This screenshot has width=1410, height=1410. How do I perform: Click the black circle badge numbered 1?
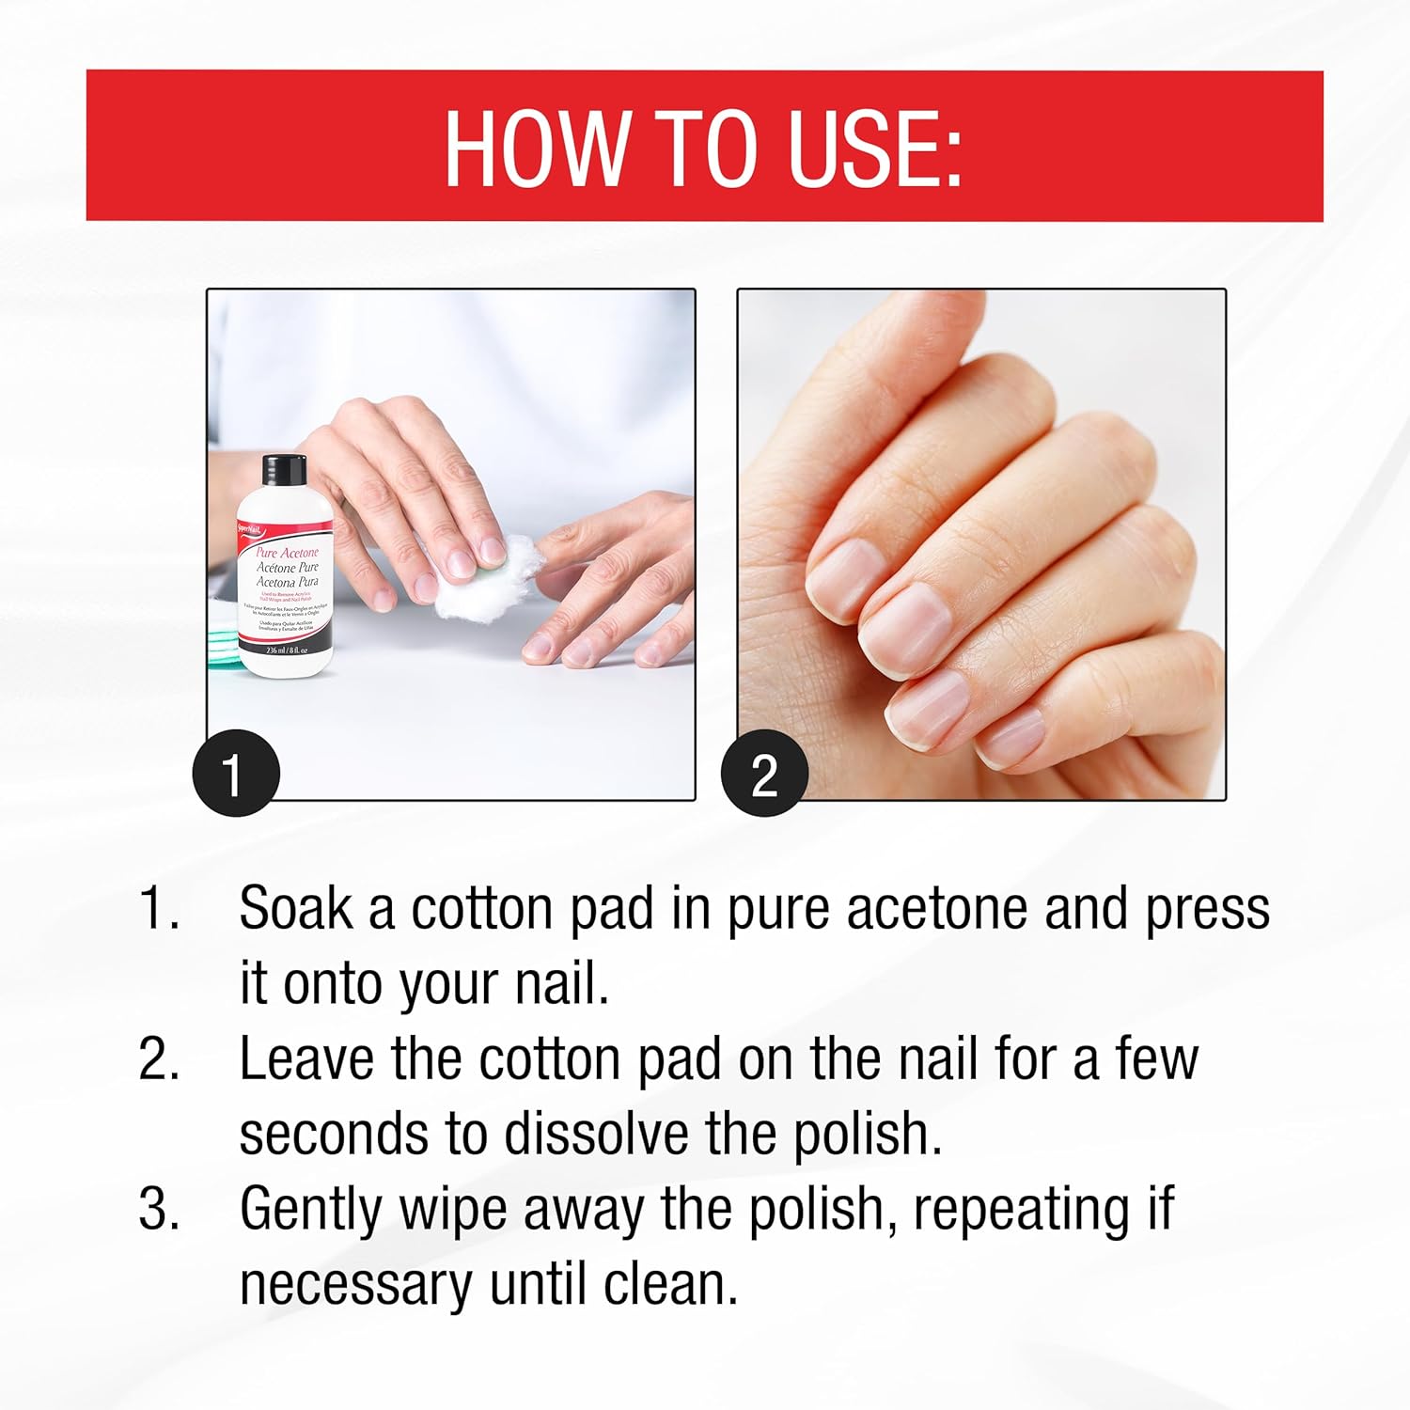[235, 774]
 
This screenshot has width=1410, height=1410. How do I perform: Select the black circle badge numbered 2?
[764, 774]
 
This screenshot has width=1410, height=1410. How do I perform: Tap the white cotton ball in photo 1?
[475, 575]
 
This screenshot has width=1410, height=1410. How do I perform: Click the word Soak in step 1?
[295, 909]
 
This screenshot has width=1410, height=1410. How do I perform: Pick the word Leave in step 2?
[306, 1059]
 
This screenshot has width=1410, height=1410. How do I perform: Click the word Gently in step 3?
[311, 1211]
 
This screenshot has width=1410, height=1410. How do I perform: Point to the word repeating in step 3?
[1021, 1211]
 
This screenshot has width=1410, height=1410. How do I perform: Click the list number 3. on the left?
[159, 1209]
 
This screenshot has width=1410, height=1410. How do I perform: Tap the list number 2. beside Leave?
[159, 1059]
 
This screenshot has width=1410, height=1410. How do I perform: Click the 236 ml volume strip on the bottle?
[286, 650]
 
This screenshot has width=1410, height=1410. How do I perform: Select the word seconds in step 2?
[334, 1134]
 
